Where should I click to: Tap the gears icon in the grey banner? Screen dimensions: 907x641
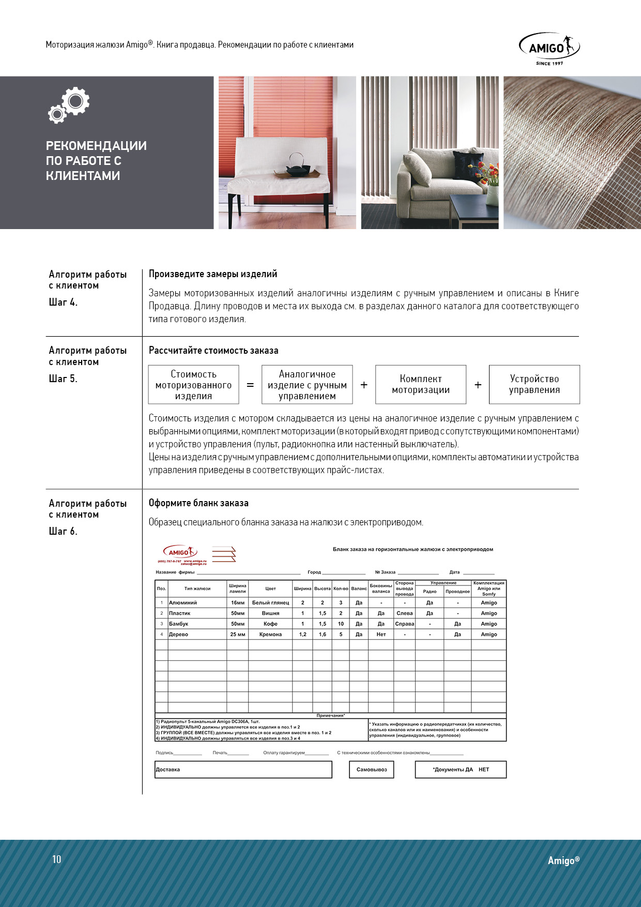(x=69, y=105)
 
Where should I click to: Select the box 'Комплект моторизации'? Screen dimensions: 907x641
(x=421, y=385)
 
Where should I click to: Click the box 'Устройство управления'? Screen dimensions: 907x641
(x=534, y=385)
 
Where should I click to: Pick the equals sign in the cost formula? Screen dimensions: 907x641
(x=250, y=385)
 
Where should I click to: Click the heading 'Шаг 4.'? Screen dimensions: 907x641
(x=63, y=303)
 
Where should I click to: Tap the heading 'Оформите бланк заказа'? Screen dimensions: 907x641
(x=199, y=503)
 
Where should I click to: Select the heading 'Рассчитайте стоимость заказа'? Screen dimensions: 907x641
(x=213, y=351)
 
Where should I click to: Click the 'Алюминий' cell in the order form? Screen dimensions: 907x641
(x=183, y=603)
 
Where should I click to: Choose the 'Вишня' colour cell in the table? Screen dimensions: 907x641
(x=270, y=613)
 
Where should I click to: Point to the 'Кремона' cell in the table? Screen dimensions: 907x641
(x=270, y=634)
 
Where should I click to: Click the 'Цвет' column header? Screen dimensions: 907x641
(x=270, y=588)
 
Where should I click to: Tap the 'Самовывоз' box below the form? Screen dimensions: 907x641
(x=372, y=769)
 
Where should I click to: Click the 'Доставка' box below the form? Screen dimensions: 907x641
(x=243, y=769)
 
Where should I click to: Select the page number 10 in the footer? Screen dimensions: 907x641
(x=57, y=859)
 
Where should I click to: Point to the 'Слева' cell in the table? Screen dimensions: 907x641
(x=404, y=613)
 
